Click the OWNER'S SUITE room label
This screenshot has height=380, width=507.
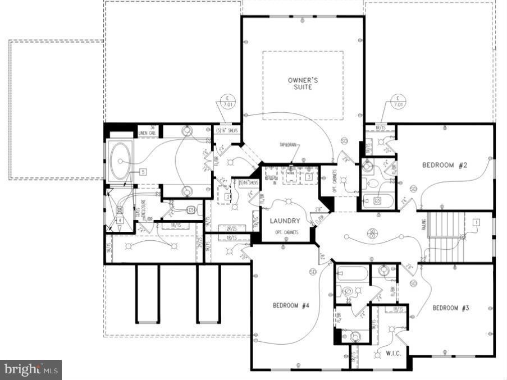pyautogui.click(x=303, y=84)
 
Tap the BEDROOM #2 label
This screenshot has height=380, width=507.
pyautogui.click(x=445, y=165)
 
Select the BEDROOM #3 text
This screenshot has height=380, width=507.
pyautogui.click(x=450, y=308)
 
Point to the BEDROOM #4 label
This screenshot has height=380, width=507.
pyautogui.click(x=291, y=305)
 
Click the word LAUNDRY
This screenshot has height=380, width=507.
pyautogui.click(x=285, y=221)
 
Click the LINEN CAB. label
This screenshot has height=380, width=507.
pyautogui.click(x=147, y=132)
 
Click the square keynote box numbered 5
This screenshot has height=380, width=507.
pyautogui.click(x=143, y=171)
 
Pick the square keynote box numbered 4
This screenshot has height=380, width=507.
pyautogui.click(x=120, y=220)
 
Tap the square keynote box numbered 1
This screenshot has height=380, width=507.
pyautogui.click(x=477, y=222)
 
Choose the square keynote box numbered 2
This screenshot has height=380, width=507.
pyautogui.click(x=228, y=197)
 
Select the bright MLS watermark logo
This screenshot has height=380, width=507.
pyautogui.click(x=31, y=369)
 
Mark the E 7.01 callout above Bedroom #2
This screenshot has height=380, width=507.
pyautogui.click(x=398, y=102)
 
